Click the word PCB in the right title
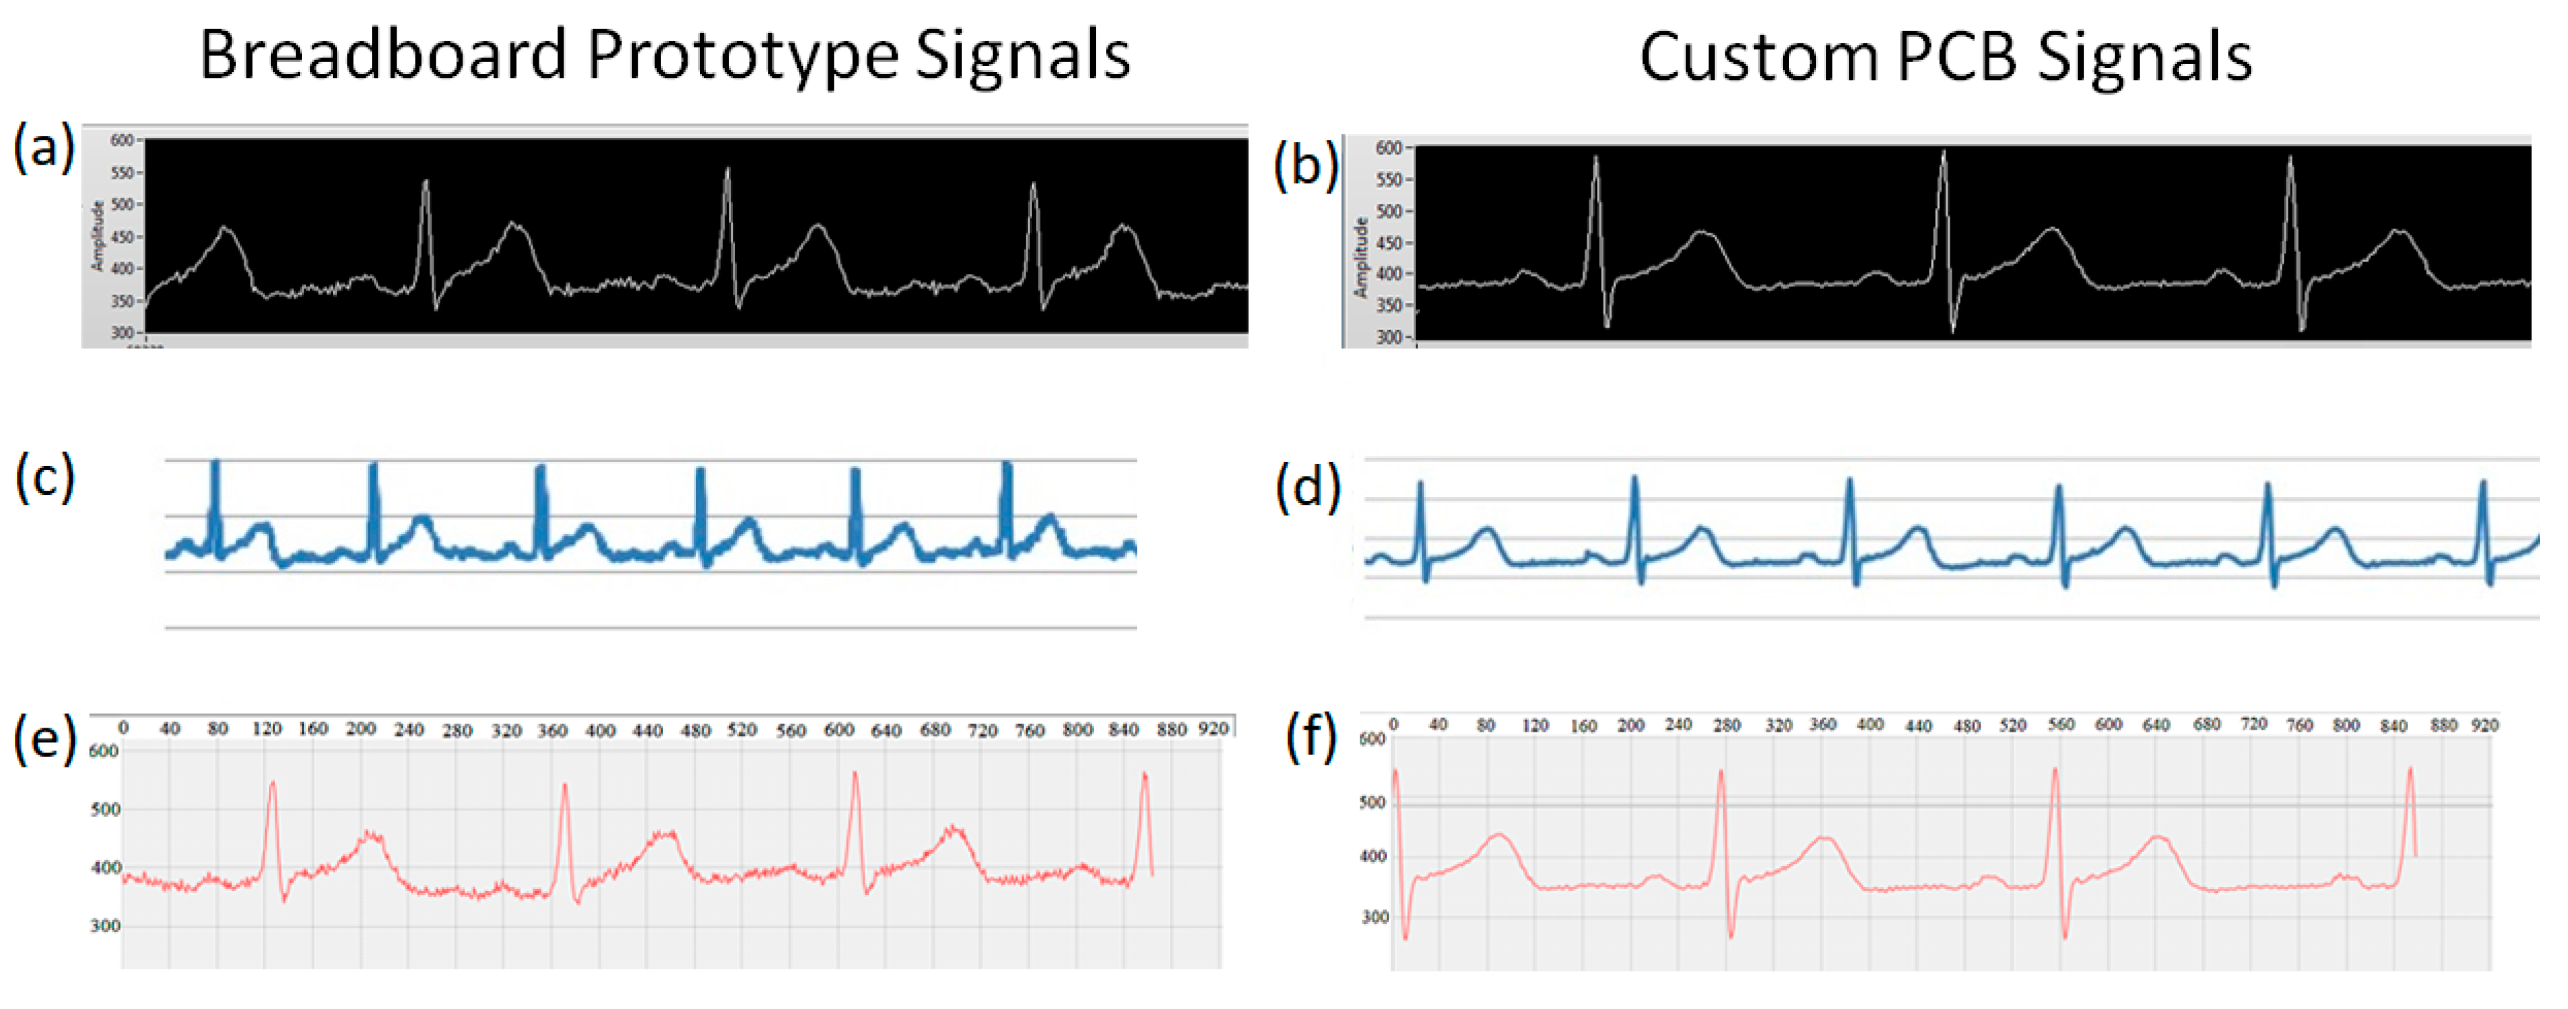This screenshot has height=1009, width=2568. tap(1956, 57)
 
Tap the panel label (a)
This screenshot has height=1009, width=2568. tap(43, 148)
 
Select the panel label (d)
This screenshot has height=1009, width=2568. tap(1307, 487)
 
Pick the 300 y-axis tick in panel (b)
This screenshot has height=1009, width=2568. tap(1389, 337)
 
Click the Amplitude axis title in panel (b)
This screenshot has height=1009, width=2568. tap(1359, 257)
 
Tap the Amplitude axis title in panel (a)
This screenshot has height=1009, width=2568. tap(97, 235)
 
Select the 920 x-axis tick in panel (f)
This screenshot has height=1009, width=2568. tap(2484, 726)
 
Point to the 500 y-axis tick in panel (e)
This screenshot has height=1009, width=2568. tap(105, 809)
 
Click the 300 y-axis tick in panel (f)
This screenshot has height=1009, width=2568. tap(1375, 917)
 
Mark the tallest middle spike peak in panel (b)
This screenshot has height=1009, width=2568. tap(1943, 152)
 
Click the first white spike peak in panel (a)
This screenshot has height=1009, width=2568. tap(425, 181)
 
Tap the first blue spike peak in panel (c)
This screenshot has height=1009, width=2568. tap(214, 463)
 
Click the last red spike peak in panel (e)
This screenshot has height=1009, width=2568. tap(1145, 774)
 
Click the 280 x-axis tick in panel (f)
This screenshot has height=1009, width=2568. tap(1726, 726)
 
